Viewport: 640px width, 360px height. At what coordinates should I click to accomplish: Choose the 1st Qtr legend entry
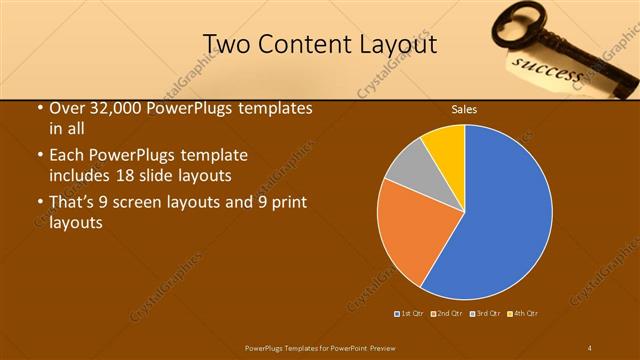(410, 313)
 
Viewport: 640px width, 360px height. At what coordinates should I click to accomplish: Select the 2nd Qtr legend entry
(446, 313)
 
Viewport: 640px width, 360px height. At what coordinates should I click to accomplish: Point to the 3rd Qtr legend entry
(484, 313)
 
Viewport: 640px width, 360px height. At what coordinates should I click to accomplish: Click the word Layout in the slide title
(397, 44)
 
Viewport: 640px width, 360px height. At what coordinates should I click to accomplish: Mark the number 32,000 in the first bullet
(113, 108)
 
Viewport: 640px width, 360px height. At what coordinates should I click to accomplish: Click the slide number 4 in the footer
(589, 346)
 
